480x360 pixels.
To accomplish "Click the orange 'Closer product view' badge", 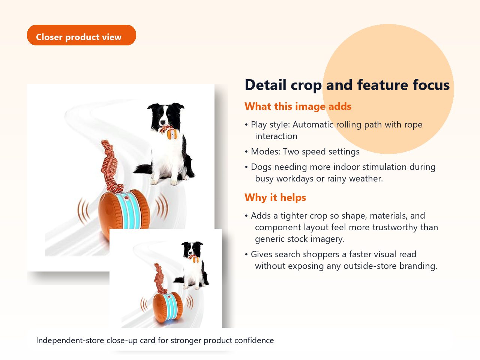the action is click(x=81, y=35).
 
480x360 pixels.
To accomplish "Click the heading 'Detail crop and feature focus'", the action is click(x=347, y=85).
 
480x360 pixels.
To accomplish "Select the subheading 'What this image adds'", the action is click(x=298, y=106).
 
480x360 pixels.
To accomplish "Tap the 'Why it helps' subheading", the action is click(x=275, y=198).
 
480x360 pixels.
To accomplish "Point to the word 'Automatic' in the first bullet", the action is click(x=313, y=124).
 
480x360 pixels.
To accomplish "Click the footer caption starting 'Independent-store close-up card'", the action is click(x=155, y=340).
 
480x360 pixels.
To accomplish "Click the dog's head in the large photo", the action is click(x=165, y=115).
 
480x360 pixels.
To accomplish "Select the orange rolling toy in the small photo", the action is click(x=168, y=307).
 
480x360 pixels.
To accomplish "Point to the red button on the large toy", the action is click(x=126, y=198).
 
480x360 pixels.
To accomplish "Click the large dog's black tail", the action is click(x=143, y=169).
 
